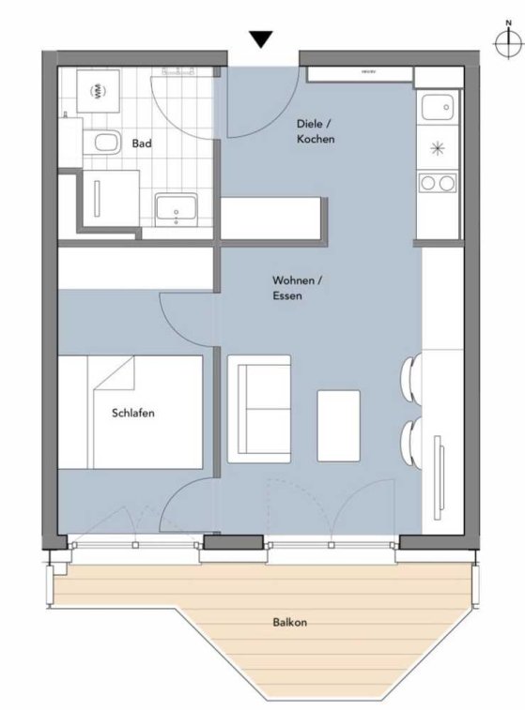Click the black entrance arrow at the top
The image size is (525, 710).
(x=262, y=39)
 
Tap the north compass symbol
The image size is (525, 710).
(x=508, y=40)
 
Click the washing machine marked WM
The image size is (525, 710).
(x=99, y=91)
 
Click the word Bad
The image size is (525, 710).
(x=142, y=144)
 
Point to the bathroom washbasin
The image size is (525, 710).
(x=176, y=210)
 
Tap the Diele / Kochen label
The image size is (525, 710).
(x=316, y=131)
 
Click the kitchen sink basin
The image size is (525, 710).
(x=438, y=107)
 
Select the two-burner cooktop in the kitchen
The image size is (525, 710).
(x=438, y=183)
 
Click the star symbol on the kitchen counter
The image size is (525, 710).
(x=438, y=148)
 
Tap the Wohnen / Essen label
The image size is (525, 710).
(x=297, y=288)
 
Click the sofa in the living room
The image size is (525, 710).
(x=259, y=409)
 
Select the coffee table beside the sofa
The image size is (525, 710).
(x=339, y=426)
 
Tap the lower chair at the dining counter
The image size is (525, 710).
(x=411, y=444)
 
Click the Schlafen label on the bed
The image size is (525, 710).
(x=132, y=413)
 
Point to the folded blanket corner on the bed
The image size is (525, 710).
(x=115, y=372)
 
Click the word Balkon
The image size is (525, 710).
(x=289, y=622)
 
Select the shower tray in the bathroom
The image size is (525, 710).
(x=110, y=198)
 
